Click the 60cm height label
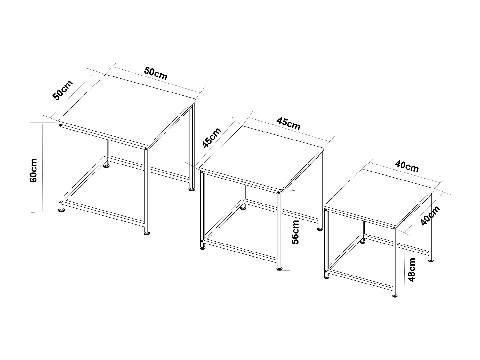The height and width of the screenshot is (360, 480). [x=34, y=170]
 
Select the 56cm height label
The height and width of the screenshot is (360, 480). [x=295, y=232]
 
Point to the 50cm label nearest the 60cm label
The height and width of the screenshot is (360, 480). [x=63, y=90]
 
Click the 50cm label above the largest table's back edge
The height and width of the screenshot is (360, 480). [x=156, y=73]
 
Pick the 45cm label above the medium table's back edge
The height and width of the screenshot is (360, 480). [x=289, y=124]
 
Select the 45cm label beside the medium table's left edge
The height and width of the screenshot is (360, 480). [x=212, y=138]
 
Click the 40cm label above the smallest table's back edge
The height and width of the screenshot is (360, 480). [x=407, y=166]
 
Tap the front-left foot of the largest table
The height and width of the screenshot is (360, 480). [x=61, y=210]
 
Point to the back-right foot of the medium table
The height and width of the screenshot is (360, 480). [x=320, y=229]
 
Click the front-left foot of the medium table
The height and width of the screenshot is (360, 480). [x=202, y=247]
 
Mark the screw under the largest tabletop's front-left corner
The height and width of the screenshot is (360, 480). [x=60, y=126]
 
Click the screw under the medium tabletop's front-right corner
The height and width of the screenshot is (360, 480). [x=278, y=193]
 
